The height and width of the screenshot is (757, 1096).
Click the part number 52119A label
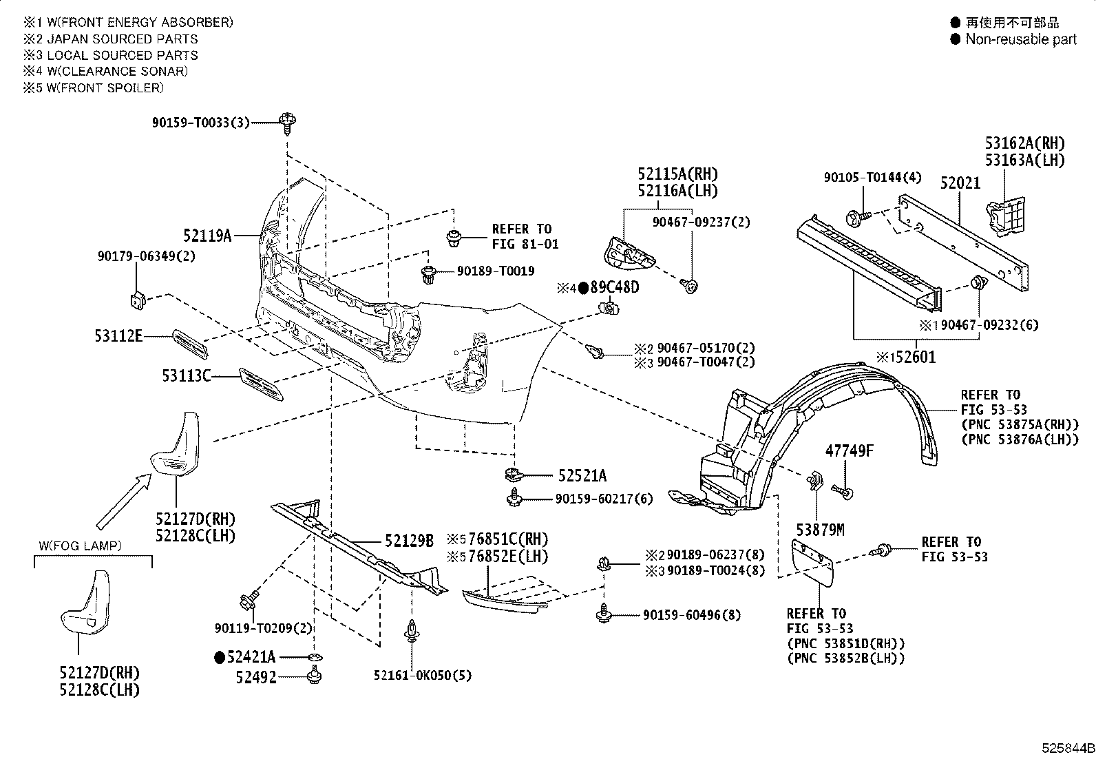pos(207,236)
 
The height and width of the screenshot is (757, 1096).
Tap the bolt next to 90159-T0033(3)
pos(287,123)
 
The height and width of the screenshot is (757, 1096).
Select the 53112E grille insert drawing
pos(190,344)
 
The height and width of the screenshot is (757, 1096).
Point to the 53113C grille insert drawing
pos(262,384)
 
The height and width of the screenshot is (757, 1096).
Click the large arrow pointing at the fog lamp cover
pos(124,501)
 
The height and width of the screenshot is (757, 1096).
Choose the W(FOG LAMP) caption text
pos(81,546)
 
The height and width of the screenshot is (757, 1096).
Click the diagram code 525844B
pos(1068,748)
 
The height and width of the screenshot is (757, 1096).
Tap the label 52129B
pos(409,541)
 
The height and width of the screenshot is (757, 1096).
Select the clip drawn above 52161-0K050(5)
pos(412,631)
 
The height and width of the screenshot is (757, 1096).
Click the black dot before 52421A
pos(220,657)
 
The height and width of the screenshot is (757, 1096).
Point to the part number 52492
pos(256,677)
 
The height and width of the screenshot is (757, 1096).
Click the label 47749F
pos(850,450)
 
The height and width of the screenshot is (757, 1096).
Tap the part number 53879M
pos(820,530)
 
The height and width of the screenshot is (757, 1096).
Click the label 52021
pos(960,183)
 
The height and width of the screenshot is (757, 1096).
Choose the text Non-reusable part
pos(1021,39)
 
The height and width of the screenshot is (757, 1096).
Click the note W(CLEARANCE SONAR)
pos(118,71)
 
